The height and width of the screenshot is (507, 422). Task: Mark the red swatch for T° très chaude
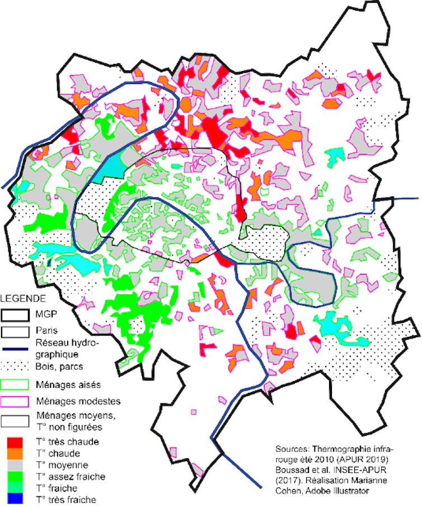pyautogui.click(x=15, y=442)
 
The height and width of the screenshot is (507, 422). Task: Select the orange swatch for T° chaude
pyautogui.click(x=15, y=453)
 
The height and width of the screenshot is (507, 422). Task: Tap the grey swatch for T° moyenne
pyautogui.click(x=15, y=464)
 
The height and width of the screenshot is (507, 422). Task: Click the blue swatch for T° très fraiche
pyautogui.click(x=15, y=499)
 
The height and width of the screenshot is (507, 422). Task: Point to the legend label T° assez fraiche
pyautogui.click(x=71, y=476)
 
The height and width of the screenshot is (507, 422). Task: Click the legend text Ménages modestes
pyautogui.click(x=78, y=401)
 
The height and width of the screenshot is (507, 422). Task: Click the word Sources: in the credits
pyautogui.click(x=293, y=450)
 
